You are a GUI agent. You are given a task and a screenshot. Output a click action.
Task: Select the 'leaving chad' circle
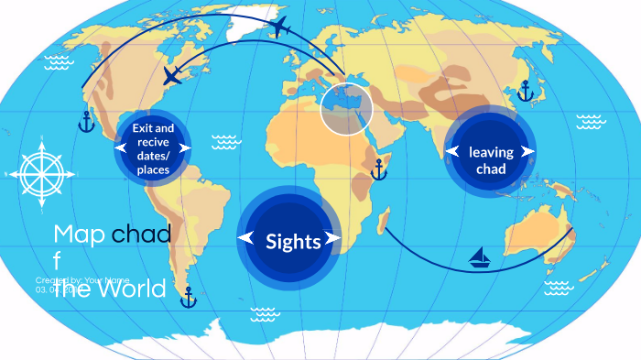click(x=490, y=151)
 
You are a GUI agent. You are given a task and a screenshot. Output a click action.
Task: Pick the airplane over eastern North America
click(x=172, y=75)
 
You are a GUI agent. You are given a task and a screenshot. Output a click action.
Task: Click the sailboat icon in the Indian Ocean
click(x=481, y=257)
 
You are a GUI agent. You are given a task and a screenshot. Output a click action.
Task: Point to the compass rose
click(x=39, y=170)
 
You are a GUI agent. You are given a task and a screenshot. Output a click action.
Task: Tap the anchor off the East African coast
click(x=378, y=169)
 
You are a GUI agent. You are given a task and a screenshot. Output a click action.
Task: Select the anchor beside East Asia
click(x=526, y=91)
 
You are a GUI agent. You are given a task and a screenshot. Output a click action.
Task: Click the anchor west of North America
click(x=86, y=121)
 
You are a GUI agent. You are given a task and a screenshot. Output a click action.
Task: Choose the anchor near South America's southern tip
click(x=189, y=297)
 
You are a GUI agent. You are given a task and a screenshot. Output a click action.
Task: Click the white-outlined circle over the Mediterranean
click(x=348, y=108)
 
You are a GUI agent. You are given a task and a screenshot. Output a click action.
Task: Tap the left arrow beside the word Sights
click(x=245, y=239)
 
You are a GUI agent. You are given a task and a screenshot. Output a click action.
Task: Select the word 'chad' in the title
click(x=141, y=235)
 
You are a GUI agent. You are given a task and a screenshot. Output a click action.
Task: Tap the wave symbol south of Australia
click(x=558, y=288)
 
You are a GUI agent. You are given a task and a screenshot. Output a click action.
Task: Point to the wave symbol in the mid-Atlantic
click(x=225, y=141)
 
